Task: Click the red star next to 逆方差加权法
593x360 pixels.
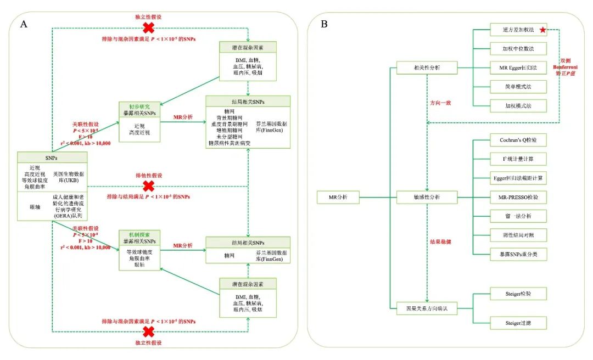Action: (x=542, y=30)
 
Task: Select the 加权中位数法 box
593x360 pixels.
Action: (x=518, y=48)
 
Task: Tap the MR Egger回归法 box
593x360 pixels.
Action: (x=518, y=67)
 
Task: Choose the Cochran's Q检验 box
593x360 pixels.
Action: (x=518, y=141)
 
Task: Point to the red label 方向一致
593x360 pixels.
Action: (x=440, y=103)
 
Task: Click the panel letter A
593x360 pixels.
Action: (x=24, y=24)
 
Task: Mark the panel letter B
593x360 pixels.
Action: (x=324, y=24)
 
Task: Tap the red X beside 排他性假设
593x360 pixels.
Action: (x=148, y=185)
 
